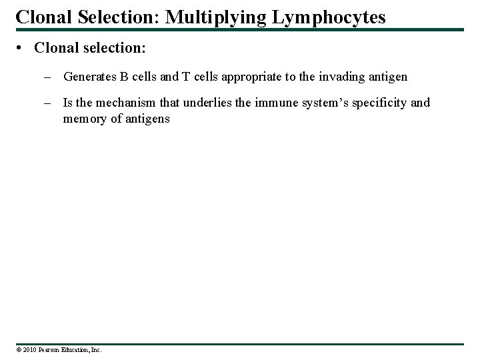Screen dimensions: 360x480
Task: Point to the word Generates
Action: [x=89, y=77]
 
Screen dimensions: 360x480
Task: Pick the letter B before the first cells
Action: [x=124, y=77]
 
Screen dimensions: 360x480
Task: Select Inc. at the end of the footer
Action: [x=95, y=349]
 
